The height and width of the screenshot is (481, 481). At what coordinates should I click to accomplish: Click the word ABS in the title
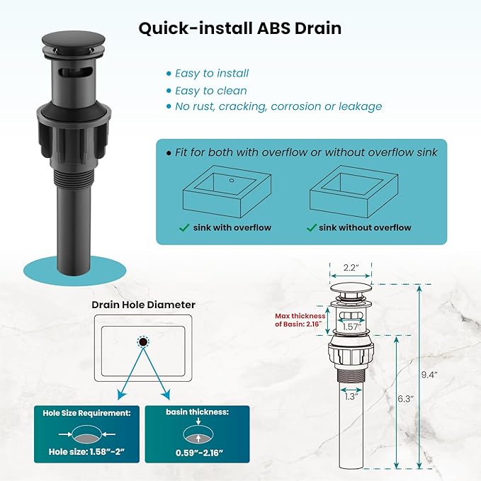(273, 28)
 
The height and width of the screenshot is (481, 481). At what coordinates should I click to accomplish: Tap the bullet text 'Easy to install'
(212, 73)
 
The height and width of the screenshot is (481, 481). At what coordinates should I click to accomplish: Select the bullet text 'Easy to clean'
(210, 91)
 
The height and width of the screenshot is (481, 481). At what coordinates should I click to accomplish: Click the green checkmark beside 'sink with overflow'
(184, 227)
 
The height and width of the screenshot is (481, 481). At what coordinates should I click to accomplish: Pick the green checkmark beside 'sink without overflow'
(312, 227)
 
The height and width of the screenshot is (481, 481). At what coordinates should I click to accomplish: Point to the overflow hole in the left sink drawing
(232, 181)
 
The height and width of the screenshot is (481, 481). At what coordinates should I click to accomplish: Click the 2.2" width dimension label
(351, 268)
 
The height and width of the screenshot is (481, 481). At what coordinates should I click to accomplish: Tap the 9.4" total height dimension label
(429, 375)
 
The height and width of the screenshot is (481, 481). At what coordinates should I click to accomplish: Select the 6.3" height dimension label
(405, 399)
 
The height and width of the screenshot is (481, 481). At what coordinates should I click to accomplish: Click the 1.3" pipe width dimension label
(351, 397)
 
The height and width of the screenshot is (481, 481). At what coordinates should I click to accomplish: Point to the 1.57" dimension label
(352, 327)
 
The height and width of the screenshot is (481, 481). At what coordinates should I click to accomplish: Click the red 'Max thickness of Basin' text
(300, 320)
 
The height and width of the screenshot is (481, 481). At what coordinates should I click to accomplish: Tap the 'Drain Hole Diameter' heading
(144, 305)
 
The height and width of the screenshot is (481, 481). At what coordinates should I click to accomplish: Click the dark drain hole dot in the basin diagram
(143, 341)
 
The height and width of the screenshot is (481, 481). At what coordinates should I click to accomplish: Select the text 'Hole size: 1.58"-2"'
(86, 452)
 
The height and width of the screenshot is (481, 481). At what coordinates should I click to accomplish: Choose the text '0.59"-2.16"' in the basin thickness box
(199, 453)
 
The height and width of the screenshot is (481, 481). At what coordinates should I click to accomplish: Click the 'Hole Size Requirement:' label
(87, 413)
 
